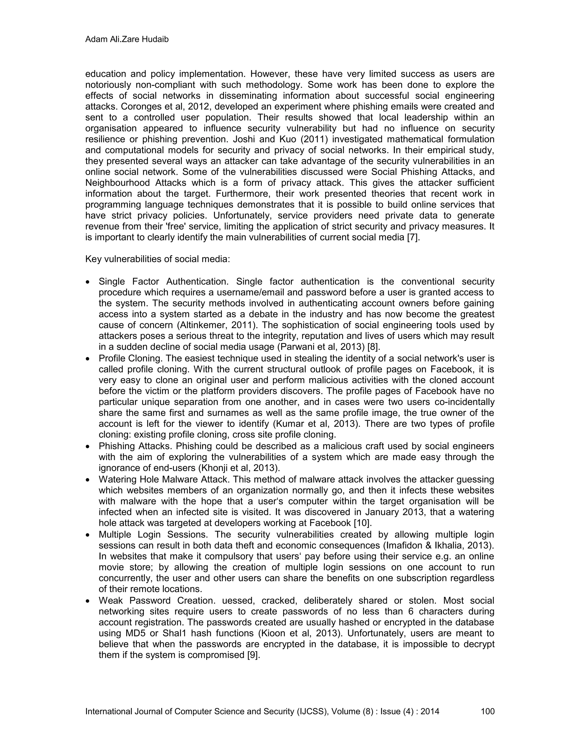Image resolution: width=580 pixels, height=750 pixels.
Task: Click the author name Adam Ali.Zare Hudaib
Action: [127, 40]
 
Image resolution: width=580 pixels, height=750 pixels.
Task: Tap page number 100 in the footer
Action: [488, 711]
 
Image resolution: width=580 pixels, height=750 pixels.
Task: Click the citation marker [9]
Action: [253, 655]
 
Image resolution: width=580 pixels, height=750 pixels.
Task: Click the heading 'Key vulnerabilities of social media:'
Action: [157, 259]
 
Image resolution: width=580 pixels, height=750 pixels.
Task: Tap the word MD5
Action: [135, 633]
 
